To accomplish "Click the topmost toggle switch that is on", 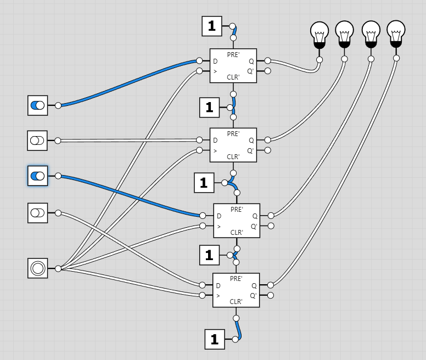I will click(x=37, y=105).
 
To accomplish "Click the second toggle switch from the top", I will click(x=37, y=140).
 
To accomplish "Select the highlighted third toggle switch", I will click(x=37, y=176).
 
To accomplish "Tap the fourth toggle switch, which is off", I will click(x=37, y=212).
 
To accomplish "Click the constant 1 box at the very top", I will click(x=212, y=26).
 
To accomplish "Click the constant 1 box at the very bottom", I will click(x=215, y=339).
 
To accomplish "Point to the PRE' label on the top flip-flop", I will click(x=233, y=54).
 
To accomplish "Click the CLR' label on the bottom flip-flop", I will click(x=236, y=301).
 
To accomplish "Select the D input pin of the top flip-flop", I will click(x=200, y=60).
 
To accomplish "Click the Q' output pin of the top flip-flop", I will click(x=267, y=71).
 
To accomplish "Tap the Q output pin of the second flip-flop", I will click(x=267, y=140).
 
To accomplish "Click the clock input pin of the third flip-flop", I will click(x=203, y=226).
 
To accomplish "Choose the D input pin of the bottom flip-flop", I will click(x=203, y=285).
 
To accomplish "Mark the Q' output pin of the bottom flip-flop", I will click(x=270, y=295).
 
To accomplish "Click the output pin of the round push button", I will click(x=58, y=268).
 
